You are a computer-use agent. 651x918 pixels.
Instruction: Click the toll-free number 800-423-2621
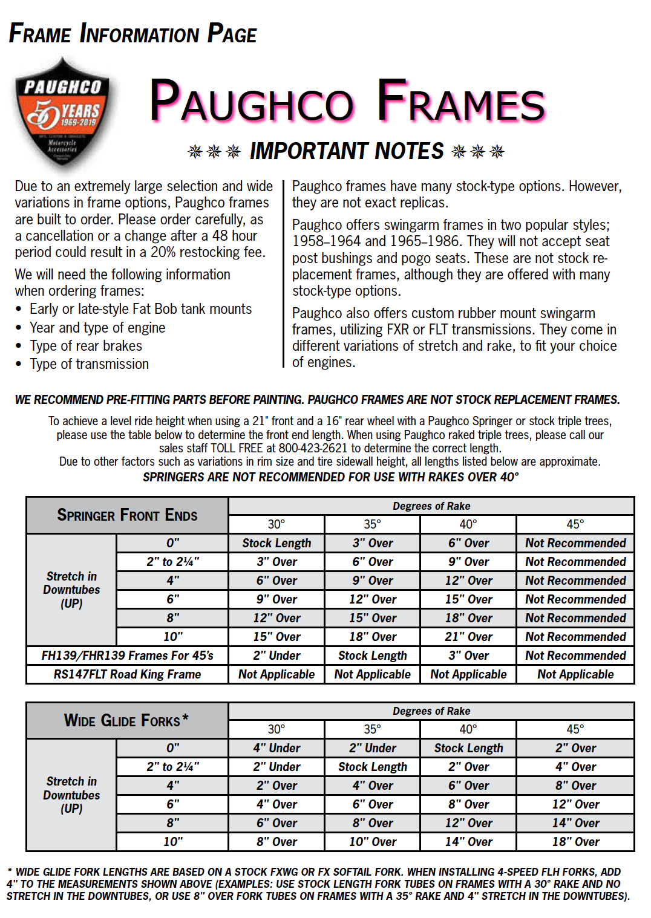[313, 448]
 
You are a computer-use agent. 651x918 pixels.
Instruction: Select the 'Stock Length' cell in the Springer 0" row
[276, 543]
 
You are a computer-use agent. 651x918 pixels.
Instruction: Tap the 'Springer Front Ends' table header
[127, 515]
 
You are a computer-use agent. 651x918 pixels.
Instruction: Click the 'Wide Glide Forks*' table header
[126, 720]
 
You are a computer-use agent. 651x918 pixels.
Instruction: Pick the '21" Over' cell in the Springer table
[468, 637]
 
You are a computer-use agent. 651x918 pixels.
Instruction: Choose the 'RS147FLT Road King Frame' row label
[127, 674]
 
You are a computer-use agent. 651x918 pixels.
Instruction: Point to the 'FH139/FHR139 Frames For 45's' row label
[127, 656]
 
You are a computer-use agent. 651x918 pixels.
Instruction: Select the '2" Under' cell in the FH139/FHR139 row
[276, 656]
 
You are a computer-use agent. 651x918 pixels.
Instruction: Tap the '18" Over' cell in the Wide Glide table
[575, 842]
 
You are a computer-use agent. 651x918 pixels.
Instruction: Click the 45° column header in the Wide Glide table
[575, 729]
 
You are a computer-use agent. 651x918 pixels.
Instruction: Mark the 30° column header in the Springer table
[276, 524]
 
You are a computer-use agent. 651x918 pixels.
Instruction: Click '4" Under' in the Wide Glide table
[276, 748]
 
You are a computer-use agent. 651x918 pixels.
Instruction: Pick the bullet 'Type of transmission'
[89, 364]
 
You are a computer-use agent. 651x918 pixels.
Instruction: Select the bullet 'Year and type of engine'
[97, 328]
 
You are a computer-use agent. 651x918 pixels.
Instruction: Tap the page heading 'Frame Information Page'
[132, 34]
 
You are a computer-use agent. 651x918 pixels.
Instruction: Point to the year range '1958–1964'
[326, 241]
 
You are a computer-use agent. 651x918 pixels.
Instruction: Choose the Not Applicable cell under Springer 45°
[575, 674]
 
